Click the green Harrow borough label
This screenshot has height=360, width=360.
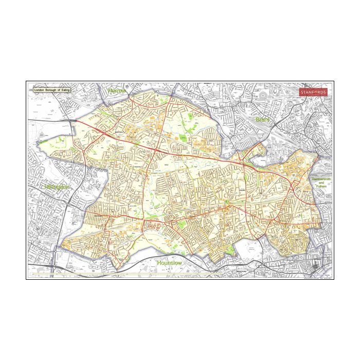tap(117, 91)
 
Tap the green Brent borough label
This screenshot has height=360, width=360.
tap(262, 119)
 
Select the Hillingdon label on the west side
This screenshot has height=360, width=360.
tap(56, 187)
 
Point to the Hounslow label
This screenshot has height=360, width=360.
tap(170, 263)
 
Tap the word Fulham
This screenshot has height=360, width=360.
tap(321, 187)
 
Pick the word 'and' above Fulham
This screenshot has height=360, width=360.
tap(321, 183)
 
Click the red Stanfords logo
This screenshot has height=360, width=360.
tap(313, 92)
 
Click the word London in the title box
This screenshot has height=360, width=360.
tap(40, 89)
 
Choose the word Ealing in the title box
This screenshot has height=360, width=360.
tap(65, 89)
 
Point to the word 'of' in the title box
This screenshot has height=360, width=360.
tap(58, 89)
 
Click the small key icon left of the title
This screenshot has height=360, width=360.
tap(31, 89)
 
